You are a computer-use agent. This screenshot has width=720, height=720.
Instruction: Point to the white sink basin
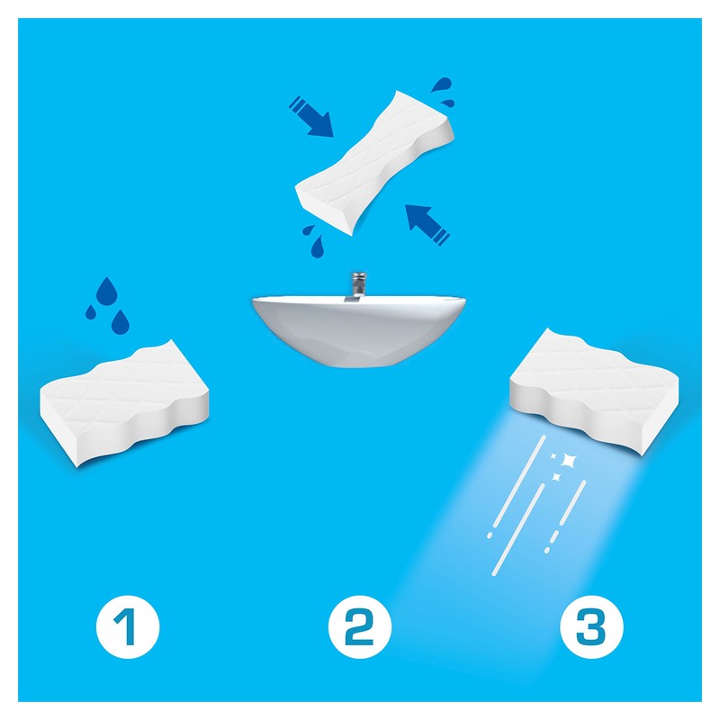(358, 328)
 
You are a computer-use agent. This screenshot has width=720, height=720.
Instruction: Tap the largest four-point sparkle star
(567, 460)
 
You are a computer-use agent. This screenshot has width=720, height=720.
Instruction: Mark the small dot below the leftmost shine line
(488, 535)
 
